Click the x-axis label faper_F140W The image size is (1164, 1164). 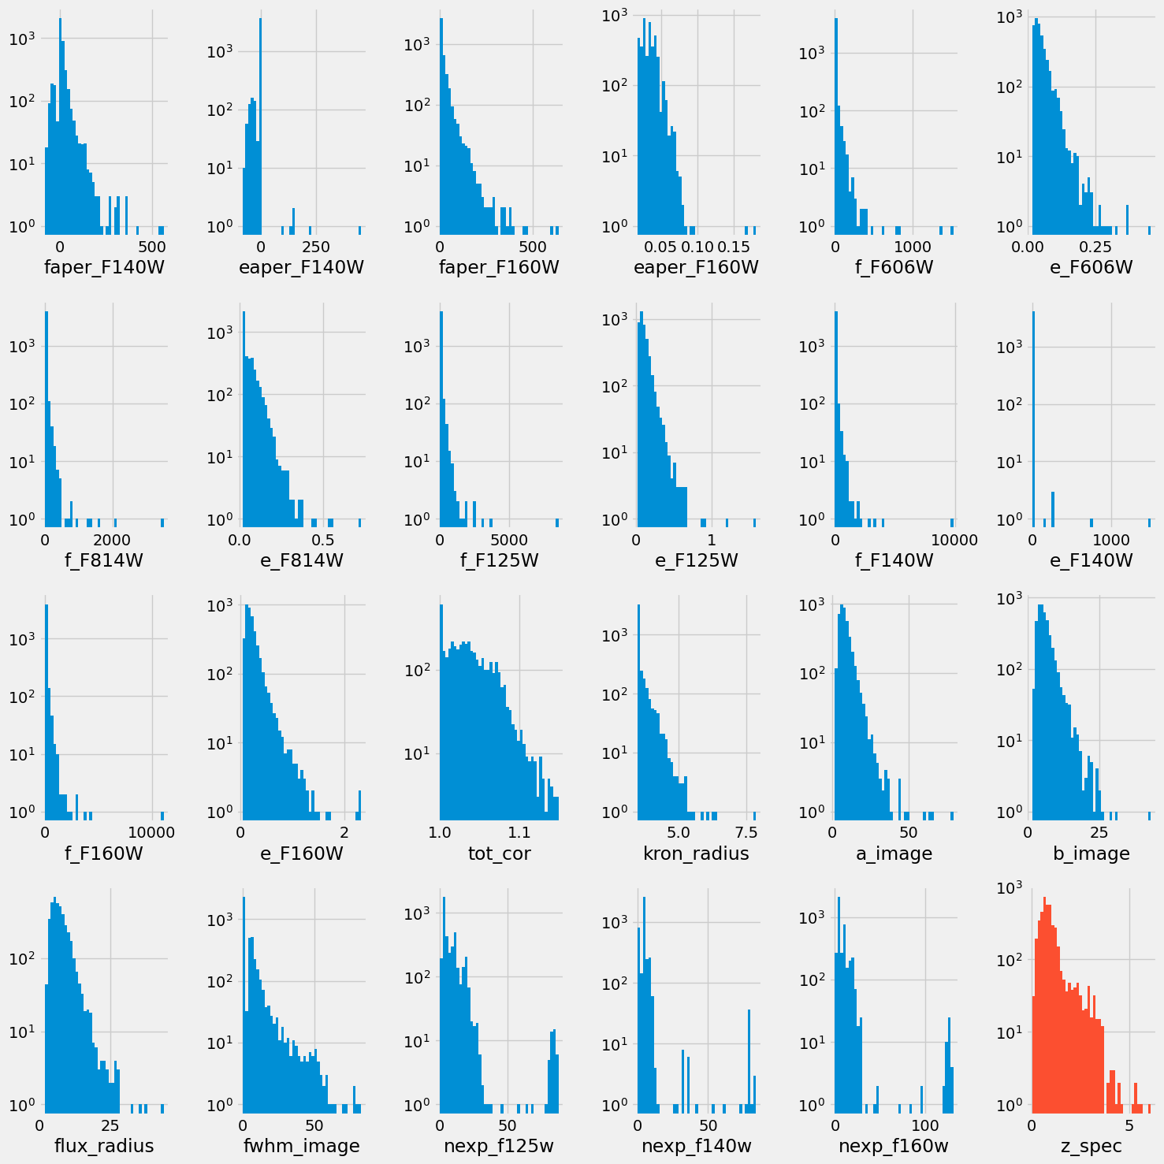point(105,267)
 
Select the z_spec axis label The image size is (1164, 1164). point(1091,1146)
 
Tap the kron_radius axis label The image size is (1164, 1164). point(696,853)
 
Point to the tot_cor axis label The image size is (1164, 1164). point(499,853)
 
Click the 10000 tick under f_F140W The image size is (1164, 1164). point(954,540)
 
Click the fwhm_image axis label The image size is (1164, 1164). point(302,1146)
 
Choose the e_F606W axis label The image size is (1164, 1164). point(1091,267)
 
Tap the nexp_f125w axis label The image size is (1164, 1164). point(499,1146)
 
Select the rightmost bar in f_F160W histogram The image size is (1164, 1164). point(162,816)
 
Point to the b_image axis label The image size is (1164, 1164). point(1091,853)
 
